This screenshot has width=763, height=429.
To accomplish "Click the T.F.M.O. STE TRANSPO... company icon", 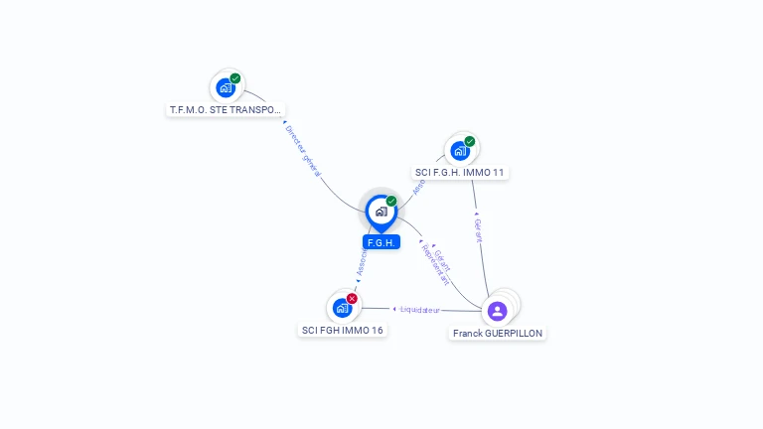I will point(226,88).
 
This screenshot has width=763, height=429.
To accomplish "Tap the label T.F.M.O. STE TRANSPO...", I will point(226,109).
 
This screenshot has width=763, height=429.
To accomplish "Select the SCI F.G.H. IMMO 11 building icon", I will point(460,151).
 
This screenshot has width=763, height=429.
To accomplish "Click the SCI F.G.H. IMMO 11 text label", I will point(460,173).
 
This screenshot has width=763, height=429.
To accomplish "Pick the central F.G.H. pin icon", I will point(381,211).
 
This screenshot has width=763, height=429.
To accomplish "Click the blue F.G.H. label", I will point(381,242).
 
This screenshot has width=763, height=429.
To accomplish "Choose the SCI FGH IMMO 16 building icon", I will point(342,308).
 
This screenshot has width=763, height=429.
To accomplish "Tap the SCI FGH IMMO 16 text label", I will point(343,330).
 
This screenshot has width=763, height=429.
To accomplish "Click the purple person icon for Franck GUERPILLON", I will point(498,311).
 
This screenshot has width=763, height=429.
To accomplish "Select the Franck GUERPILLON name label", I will point(498,334).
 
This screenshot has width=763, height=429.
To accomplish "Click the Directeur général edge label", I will point(303,151).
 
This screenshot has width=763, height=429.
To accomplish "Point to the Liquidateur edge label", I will point(421,310).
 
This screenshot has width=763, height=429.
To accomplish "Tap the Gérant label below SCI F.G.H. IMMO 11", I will point(479,230).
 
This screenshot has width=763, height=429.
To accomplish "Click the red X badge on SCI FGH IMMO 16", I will point(352,298).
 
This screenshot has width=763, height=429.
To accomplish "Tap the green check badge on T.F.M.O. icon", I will point(235,78).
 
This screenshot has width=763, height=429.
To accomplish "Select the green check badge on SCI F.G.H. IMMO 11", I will point(470,141).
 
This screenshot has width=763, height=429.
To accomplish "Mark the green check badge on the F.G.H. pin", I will point(391,201).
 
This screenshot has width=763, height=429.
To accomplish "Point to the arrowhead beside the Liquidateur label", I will point(395,309).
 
